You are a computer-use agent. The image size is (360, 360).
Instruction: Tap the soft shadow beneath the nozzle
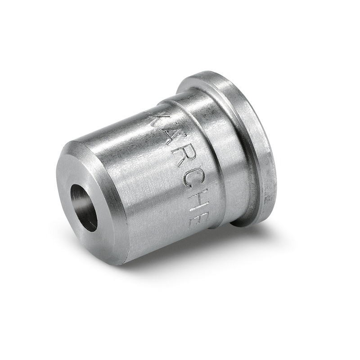tap(189, 256)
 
